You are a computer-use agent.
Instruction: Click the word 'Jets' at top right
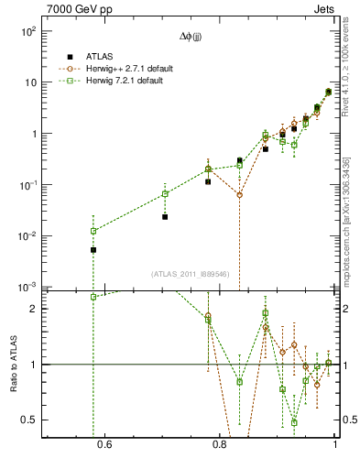click(x=325, y=9)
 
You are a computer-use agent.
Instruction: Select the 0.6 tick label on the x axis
click(x=104, y=446)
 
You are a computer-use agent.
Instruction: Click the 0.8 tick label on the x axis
click(x=220, y=446)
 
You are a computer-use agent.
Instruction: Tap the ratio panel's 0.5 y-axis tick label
click(x=28, y=420)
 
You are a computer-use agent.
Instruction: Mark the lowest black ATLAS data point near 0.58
click(x=93, y=250)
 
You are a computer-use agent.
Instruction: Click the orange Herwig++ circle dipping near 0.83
click(x=239, y=195)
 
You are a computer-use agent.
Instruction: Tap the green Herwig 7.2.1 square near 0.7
click(x=165, y=193)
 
